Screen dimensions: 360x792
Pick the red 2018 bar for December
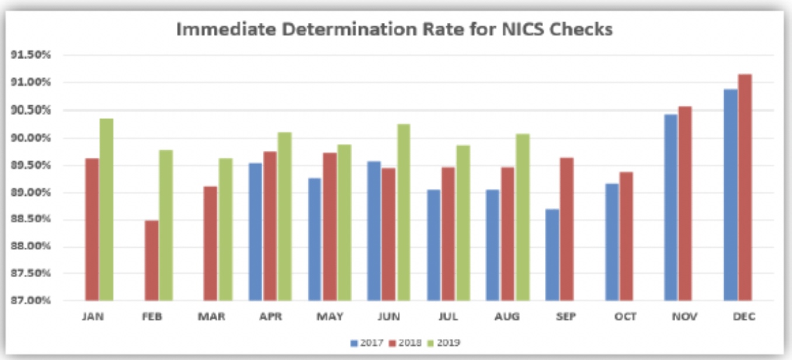click(x=745, y=187)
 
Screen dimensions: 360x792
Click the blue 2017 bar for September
click(x=552, y=255)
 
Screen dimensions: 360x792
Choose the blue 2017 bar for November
click(x=671, y=207)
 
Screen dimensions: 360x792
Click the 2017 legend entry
click(x=367, y=343)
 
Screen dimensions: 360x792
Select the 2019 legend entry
click(x=444, y=343)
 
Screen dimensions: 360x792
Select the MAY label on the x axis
click(x=329, y=317)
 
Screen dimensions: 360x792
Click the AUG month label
click(x=508, y=317)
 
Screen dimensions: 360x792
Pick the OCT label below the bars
click(x=626, y=317)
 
